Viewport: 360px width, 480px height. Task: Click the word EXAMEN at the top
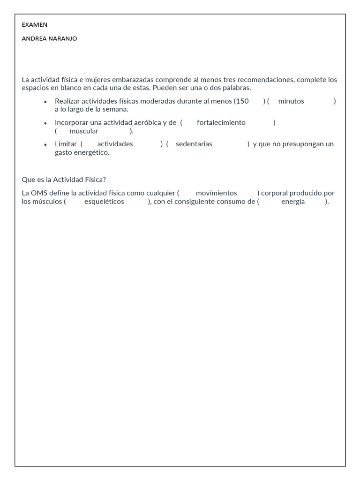tap(34, 25)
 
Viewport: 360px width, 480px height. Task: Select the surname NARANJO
tap(63, 39)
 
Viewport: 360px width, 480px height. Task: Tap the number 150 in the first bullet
tap(242, 101)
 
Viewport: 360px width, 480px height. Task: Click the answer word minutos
tap(291, 101)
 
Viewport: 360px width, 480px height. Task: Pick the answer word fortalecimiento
tap(221, 123)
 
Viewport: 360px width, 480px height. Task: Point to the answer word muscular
tap(84, 131)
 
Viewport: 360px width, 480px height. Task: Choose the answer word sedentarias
tap(194, 144)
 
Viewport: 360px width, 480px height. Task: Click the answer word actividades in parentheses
tap(115, 144)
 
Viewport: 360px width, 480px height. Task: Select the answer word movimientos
tap(216, 193)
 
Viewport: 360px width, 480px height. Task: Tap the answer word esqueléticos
tap(104, 202)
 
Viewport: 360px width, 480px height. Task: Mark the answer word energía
tap(293, 202)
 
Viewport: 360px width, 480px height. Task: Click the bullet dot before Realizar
tap(45, 102)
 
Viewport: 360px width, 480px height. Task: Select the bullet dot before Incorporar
tap(45, 123)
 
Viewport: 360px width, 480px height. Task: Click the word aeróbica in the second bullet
tap(146, 123)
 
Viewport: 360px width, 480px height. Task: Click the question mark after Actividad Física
tap(104, 180)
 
